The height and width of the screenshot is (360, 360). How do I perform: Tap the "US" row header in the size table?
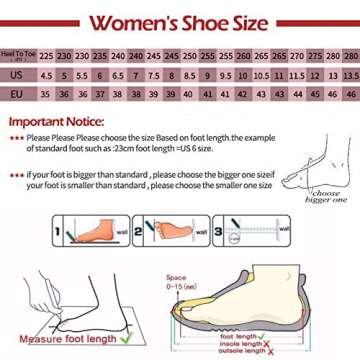pyautogui.click(x=19, y=74)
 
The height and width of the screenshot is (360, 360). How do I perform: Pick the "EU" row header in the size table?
pyautogui.click(x=19, y=90)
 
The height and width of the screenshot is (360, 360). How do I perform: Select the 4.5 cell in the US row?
pyautogui.click(x=46, y=74)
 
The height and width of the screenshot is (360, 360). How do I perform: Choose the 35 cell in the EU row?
pyautogui.click(x=46, y=90)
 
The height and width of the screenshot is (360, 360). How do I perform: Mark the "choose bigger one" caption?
pyautogui.click(x=325, y=196)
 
